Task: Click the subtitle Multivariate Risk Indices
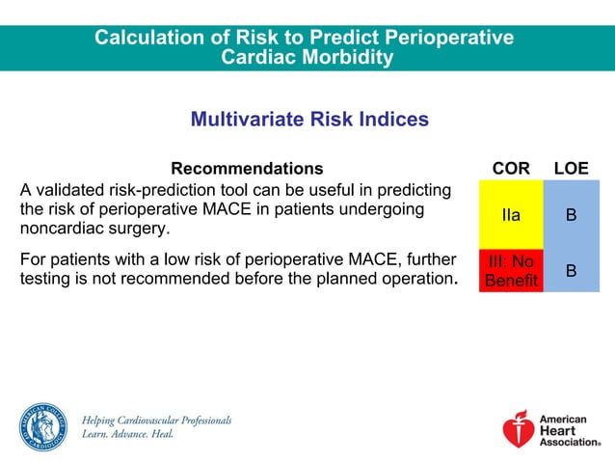coord(309,120)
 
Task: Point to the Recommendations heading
coord(247,169)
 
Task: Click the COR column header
coord(511,169)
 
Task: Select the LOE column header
coord(571,169)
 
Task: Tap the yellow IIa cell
coord(511,215)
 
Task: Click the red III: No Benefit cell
coord(511,271)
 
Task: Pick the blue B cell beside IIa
coord(571,215)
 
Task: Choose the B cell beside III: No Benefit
coord(571,271)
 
